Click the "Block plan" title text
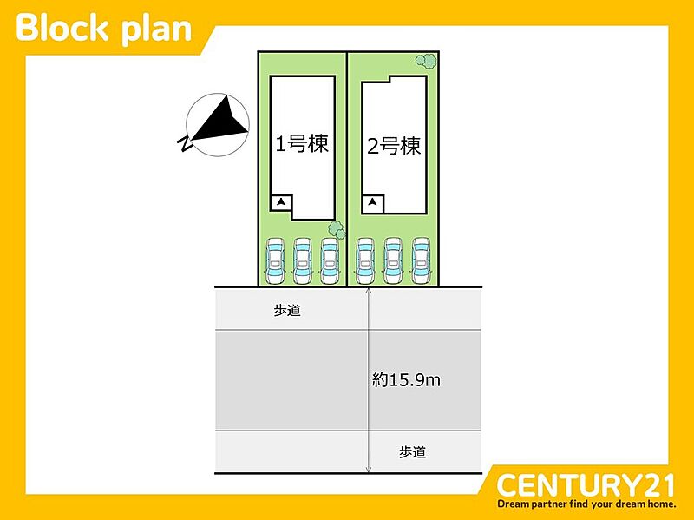coord(103,29)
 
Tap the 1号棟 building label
coord(302,144)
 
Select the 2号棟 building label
coord(394,146)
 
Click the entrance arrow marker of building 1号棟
coord(281,202)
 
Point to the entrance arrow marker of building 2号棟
coord(373,202)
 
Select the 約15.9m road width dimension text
coord(406,380)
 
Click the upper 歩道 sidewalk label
coord(287,311)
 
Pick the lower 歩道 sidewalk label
coord(413,451)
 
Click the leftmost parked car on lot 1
coord(275,261)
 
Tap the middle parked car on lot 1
coord(302,261)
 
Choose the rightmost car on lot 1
coord(330,261)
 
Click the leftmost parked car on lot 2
coord(365,261)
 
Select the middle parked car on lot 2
coord(393,261)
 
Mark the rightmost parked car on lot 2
coord(421,261)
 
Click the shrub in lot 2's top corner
coord(426,61)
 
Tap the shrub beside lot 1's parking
coord(337,230)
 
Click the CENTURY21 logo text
coord(586,485)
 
